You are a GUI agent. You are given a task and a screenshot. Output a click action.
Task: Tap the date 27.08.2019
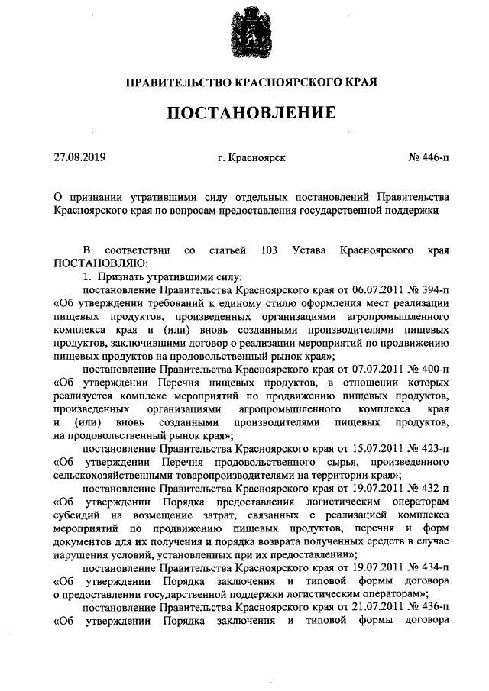tap(79, 158)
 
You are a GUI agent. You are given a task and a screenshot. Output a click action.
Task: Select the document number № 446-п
tap(429, 158)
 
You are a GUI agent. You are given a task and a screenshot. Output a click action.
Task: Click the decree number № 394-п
tap(428, 290)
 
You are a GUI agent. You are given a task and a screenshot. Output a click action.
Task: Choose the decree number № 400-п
tap(428, 369)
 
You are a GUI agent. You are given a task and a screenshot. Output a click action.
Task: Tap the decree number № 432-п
tap(428, 487)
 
